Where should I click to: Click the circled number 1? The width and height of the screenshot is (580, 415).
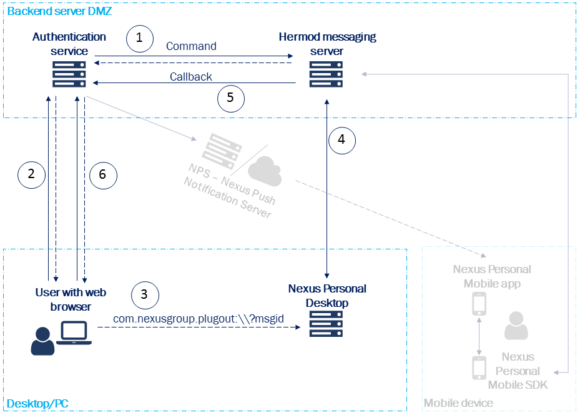click(x=139, y=39)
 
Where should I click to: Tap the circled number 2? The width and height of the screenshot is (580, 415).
click(x=32, y=174)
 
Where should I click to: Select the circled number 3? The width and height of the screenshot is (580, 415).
click(x=145, y=294)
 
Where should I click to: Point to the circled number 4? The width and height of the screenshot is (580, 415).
click(x=341, y=140)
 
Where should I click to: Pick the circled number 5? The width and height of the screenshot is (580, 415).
click(x=230, y=97)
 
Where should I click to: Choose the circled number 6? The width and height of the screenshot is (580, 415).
click(x=103, y=175)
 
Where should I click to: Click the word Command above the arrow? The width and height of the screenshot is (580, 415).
click(x=191, y=46)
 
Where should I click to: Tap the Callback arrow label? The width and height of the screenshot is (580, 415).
click(x=191, y=77)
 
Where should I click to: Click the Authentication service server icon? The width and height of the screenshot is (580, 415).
click(x=69, y=74)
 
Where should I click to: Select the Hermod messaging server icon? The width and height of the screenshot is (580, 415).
click(x=327, y=74)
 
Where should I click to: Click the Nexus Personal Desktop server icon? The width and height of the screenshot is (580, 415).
click(x=327, y=324)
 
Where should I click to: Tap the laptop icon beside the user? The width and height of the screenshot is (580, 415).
click(x=74, y=333)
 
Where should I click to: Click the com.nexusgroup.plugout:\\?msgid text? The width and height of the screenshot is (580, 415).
click(x=199, y=319)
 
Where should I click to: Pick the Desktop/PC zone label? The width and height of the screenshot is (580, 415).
click(x=37, y=404)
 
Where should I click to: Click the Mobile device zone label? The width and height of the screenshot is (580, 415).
click(x=458, y=404)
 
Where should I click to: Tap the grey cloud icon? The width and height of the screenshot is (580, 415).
click(x=265, y=171)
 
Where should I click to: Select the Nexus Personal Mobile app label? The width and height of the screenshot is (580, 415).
click(x=492, y=276)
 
